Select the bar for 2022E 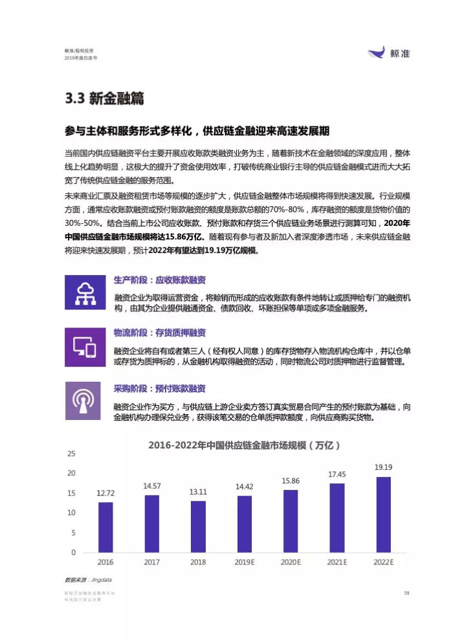pyautogui.click(x=383, y=514)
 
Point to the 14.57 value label pyautogui.click(x=151, y=485)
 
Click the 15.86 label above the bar pyautogui.click(x=291, y=481)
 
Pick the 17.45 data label pyautogui.click(x=337, y=474)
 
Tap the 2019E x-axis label pyautogui.click(x=245, y=562)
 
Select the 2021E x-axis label pyautogui.click(x=337, y=562)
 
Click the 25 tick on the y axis pyautogui.click(x=71, y=454)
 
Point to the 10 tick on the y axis pyautogui.click(x=71, y=513)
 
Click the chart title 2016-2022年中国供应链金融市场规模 pyautogui.click(x=244, y=446)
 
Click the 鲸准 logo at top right pyautogui.click(x=389, y=54)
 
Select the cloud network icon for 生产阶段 pyautogui.click(x=82, y=293)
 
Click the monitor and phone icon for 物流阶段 pyautogui.click(x=82, y=346)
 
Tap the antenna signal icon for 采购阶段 pyautogui.click(x=82, y=400)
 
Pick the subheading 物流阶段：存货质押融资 pyautogui.click(x=160, y=333)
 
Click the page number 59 pyautogui.click(x=406, y=593)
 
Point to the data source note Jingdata pyautogui.click(x=83, y=580)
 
